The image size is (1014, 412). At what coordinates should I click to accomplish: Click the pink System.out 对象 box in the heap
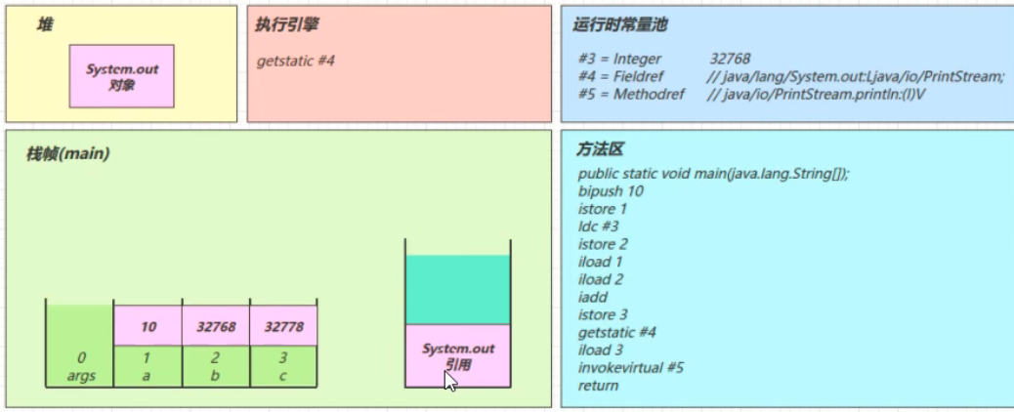point(121,76)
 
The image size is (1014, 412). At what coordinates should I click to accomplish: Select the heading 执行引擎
point(286,25)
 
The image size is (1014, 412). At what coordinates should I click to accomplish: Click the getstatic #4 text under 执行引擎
point(296,62)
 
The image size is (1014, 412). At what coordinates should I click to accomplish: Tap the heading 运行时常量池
point(620,25)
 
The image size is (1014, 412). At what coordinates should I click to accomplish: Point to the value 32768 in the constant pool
point(730,59)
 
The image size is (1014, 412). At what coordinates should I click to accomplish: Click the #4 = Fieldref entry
point(621,76)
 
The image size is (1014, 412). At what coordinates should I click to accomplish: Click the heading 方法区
point(600,150)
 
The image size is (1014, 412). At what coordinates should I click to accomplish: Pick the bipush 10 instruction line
point(612,191)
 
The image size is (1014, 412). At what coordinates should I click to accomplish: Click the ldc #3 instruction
point(599,227)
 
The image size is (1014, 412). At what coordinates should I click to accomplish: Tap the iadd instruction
point(593,298)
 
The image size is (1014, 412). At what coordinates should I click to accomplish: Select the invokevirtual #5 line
point(631,368)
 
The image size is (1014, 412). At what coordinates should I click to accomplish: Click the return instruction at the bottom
point(598,387)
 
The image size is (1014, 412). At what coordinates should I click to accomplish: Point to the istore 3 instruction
point(603,315)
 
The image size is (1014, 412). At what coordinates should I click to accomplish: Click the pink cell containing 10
point(148,326)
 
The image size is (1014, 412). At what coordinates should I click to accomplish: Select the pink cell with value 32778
point(283,326)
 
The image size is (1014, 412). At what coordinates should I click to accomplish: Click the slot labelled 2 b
point(215,366)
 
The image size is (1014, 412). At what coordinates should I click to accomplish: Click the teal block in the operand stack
point(458,290)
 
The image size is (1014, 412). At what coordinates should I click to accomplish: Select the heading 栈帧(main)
point(67,154)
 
